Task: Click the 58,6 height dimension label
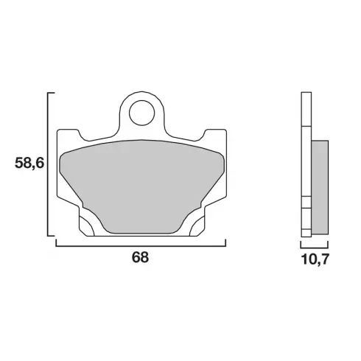[29, 163]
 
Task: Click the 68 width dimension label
[141, 257]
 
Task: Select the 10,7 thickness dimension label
[315, 259]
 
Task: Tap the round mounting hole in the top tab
[142, 113]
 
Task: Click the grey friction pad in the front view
[142, 186]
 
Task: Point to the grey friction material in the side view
[320, 187]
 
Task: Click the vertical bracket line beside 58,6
[48, 164]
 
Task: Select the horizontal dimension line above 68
[141, 245]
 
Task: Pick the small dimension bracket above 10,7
[315, 248]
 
